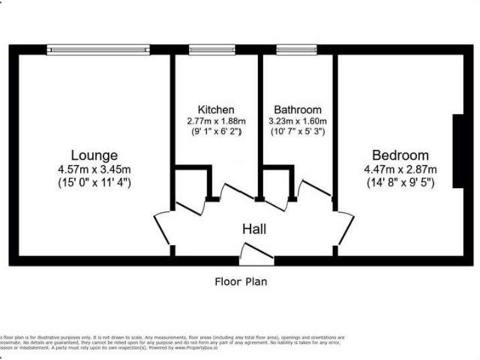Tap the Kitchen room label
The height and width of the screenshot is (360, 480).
pyautogui.click(x=216, y=109)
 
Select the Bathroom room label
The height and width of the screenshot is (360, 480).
pyautogui.click(x=298, y=109)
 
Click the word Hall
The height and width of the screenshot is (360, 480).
pyautogui.click(x=254, y=229)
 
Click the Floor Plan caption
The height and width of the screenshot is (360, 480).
pyautogui.click(x=240, y=282)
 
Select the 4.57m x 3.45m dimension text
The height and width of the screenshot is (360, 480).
pyautogui.click(x=94, y=169)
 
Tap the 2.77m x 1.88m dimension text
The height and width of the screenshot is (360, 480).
pyautogui.click(x=216, y=121)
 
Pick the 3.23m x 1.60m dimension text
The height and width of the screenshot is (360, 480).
pyautogui.click(x=298, y=121)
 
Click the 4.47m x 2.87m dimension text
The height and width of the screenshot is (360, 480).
pyautogui.click(x=400, y=169)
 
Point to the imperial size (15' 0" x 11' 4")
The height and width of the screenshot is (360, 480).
pyautogui.click(x=94, y=181)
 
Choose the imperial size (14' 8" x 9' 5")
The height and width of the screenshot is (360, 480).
pyautogui.click(x=400, y=181)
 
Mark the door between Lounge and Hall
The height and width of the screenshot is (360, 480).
pyautogui.click(x=163, y=229)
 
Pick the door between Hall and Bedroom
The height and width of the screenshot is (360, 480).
pyautogui.click(x=344, y=228)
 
